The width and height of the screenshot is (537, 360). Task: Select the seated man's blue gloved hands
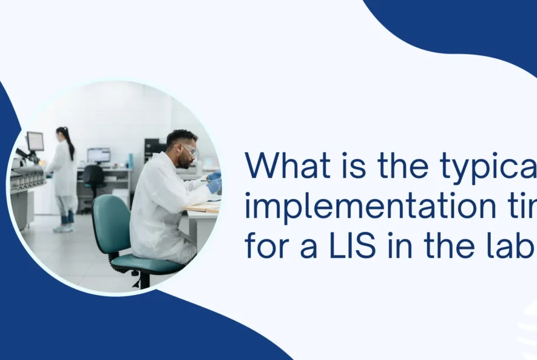(214, 183)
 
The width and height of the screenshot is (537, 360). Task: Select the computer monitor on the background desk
(98, 155)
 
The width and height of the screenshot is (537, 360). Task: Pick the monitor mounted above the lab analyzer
(35, 141)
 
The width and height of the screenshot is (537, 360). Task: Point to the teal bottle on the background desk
(130, 160)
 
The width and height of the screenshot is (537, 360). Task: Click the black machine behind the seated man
(152, 148)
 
